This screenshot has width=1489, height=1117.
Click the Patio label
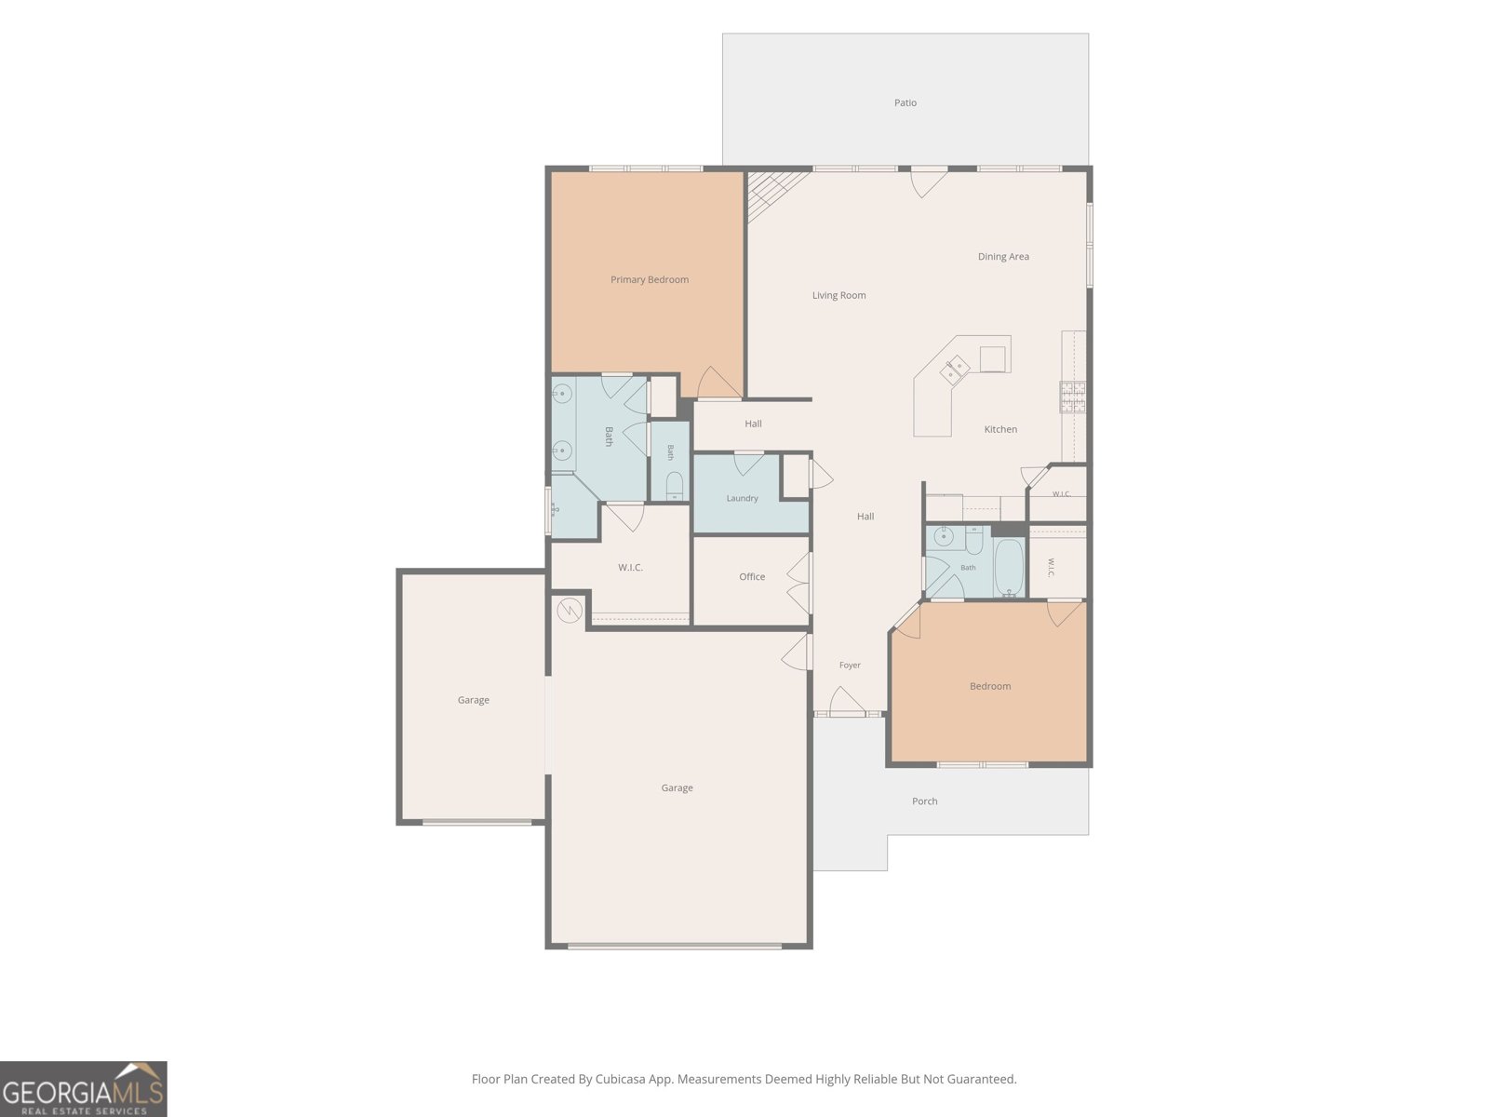coord(905,102)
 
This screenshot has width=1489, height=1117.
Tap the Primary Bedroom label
coord(650,279)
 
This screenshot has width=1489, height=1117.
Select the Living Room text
coord(838,295)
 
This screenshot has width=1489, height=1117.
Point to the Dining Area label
coord(1003,256)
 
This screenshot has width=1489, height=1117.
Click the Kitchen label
coord(1000,429)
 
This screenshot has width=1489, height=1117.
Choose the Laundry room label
coord(742,498)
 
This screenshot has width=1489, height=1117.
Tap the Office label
coord(752,576)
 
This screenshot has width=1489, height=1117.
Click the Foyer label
coord(850,666)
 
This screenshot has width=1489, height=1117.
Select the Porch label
coord(925,801)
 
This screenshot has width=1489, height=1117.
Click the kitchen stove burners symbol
coord(1072,397)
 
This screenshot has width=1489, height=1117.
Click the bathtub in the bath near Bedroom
coord(1009,567)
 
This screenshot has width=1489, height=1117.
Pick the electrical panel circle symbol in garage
coord(570,611)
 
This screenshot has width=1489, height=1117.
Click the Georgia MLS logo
coord(84,1089)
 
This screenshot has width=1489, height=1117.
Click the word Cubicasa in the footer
coord(621,1079)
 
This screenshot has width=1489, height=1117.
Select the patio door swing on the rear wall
coord(928,182)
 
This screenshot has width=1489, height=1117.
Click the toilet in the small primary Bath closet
coord(675,486)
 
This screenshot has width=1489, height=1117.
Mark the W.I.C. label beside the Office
coord(629,568)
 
